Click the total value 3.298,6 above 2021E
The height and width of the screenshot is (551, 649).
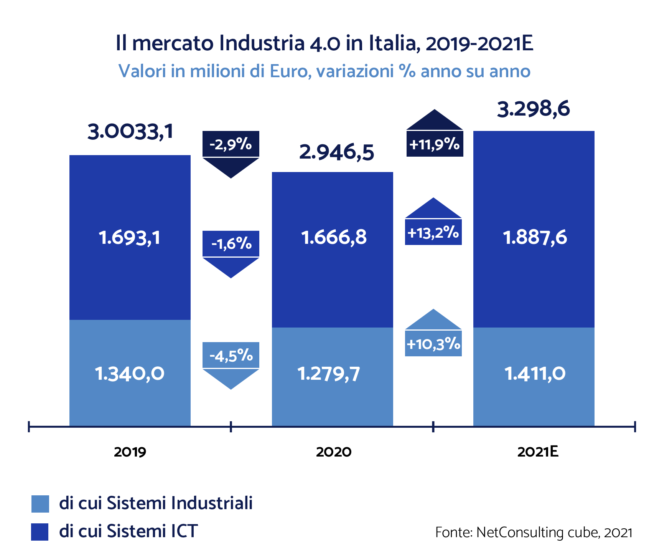click(533, 109)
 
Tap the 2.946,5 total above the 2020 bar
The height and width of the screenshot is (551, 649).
click(336, 153)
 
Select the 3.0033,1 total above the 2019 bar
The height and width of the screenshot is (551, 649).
click(130, 132)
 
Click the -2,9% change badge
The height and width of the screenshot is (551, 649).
click(231, 145)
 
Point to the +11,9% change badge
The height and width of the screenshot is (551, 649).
click(435, 145)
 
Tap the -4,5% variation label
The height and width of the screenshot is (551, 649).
click(231, 356)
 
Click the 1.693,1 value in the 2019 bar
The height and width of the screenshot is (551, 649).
click(130, 238)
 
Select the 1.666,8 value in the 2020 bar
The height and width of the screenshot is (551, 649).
click(334, 237)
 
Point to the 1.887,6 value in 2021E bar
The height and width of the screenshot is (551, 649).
click(535, 238)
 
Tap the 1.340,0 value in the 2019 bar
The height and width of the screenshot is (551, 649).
click(130, 374)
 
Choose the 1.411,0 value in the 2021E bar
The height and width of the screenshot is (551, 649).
click(535, 374)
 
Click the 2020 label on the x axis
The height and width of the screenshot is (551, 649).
click(334, 452)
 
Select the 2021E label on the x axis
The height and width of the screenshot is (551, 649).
click(537, 452)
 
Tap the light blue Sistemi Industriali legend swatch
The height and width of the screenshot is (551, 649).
click(40, 504)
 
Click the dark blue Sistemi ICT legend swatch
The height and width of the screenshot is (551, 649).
click(40, 532)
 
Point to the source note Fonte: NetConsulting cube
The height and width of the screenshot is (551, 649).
click(534, 533)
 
